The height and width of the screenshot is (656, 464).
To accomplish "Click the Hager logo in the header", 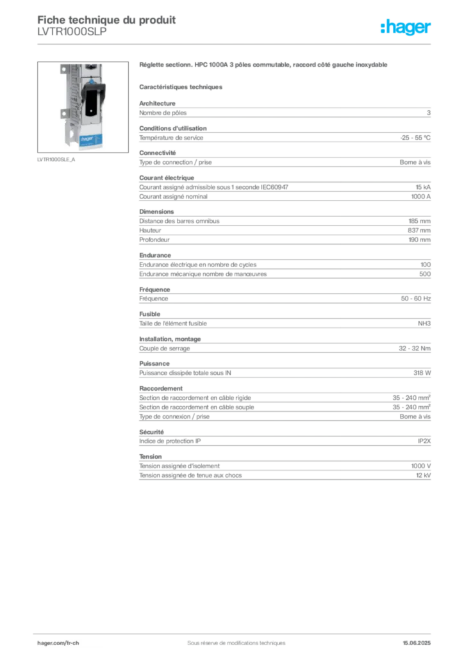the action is point(406,28).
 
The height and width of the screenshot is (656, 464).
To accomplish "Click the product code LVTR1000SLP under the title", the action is point(72,32).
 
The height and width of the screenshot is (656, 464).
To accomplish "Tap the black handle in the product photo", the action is point(92,99).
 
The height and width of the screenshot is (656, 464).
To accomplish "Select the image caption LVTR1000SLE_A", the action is point(56,160).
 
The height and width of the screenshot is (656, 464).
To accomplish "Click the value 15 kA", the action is point(423,187).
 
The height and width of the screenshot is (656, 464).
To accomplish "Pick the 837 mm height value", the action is point(419,230).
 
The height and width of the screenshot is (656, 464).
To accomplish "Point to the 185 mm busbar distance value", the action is point(420,221).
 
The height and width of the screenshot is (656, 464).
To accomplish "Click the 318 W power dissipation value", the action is point(422,373).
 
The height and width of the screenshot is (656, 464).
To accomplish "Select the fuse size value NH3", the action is point(424,324).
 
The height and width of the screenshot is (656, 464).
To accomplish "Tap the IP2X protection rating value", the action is point(424,441).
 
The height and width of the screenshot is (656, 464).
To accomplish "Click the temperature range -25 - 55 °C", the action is point(415,138).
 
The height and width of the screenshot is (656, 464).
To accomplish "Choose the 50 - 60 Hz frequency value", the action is point(416,299).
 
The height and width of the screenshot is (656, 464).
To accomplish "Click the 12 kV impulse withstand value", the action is point(424,475).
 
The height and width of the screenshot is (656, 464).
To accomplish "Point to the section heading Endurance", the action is point(155,255).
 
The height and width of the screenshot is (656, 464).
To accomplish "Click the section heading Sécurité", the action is point(151,432).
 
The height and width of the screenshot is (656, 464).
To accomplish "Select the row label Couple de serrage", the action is point(165,348).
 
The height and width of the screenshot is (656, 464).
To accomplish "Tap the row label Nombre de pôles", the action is point(163,113).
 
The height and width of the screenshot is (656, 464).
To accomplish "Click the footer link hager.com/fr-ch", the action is point(58,643).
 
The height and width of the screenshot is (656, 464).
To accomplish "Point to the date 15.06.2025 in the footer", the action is point(417,643).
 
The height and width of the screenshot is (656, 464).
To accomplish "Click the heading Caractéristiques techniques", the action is point(181,87).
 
